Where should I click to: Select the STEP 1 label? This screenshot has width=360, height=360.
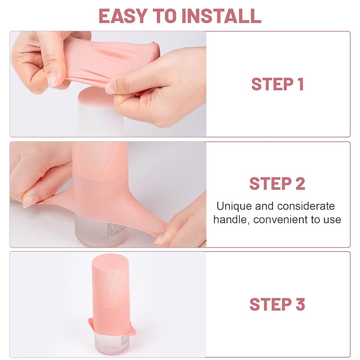277,84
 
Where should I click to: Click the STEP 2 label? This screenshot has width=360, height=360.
277,183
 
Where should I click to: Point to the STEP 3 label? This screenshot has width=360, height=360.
277,304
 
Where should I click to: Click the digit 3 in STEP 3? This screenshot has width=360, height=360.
300,304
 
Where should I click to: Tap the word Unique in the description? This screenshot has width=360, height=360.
233,206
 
